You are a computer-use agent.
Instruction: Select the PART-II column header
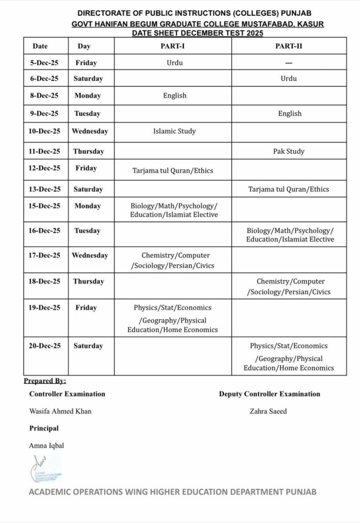click(289, 46)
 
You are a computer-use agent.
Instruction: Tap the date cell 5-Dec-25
click(44, 63)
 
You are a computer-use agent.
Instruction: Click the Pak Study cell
click(290, 151)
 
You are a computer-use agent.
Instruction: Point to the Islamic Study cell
click(174, 131)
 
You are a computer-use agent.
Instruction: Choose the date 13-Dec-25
click(44, 189)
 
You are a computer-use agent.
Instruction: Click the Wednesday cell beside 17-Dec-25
click(90, 255)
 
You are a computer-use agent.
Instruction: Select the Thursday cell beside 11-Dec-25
click(88, 151)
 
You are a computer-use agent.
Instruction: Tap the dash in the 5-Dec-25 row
click(289, 63)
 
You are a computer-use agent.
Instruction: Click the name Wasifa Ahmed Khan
click(60, 411)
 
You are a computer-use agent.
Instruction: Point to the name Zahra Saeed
click(269, 411)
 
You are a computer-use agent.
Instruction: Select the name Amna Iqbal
click(46, 445)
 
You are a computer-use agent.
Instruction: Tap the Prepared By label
click(45, 381)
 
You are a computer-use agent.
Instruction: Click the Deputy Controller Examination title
click(270, 394)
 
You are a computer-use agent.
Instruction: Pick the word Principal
click(44, 428)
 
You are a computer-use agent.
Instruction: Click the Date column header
click(40, 46)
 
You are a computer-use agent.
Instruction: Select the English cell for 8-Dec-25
click(175, 96)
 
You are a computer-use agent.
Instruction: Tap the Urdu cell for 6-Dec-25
click(289, 79)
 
